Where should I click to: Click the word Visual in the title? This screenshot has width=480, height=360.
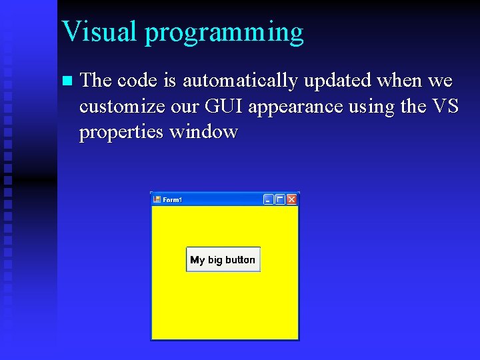pyautogui.click(x=99, y=31)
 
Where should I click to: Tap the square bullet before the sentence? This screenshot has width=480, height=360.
pyautogui.click(x=65, y=81)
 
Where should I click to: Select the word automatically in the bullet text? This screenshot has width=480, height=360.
pyautogui.click(x=239, y=81)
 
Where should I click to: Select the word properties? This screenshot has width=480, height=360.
pyautogui.click(x=121, y=133)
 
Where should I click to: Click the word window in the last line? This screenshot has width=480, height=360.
pyautogui.click(x=203, y=132)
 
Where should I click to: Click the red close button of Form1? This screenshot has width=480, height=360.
pyautogui.click(x=291, y=199)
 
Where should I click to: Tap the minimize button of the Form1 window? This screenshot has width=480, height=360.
pyautogui.click(x=269, y=199)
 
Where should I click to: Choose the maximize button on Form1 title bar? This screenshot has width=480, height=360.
pyautogui.click(x=280, y=199)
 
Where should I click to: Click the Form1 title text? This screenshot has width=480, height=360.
pyautogui.click(x=173, y=200)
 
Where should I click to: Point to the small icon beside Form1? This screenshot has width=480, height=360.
pyautogui.click(x=157, y=199)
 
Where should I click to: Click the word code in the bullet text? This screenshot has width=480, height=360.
pyautogui.click(x=138, y=81)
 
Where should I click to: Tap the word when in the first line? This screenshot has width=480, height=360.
pyautogui.click(x=398, y=81)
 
